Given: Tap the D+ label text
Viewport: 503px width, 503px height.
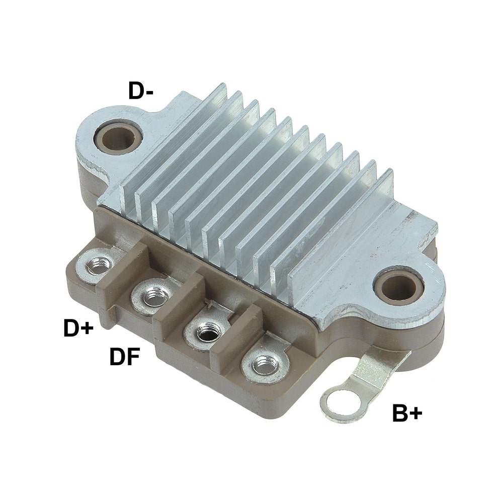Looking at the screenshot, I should pos(78,328).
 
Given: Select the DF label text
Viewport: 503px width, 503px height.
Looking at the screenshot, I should pos(125,358).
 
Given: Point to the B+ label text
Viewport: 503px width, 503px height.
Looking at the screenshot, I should pos(407,413).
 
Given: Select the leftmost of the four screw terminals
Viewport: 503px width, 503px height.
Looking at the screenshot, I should pos(99,265).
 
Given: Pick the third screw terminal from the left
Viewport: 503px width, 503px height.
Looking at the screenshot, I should pos(206,331).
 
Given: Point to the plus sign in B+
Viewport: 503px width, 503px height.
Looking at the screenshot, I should pos(415,414).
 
